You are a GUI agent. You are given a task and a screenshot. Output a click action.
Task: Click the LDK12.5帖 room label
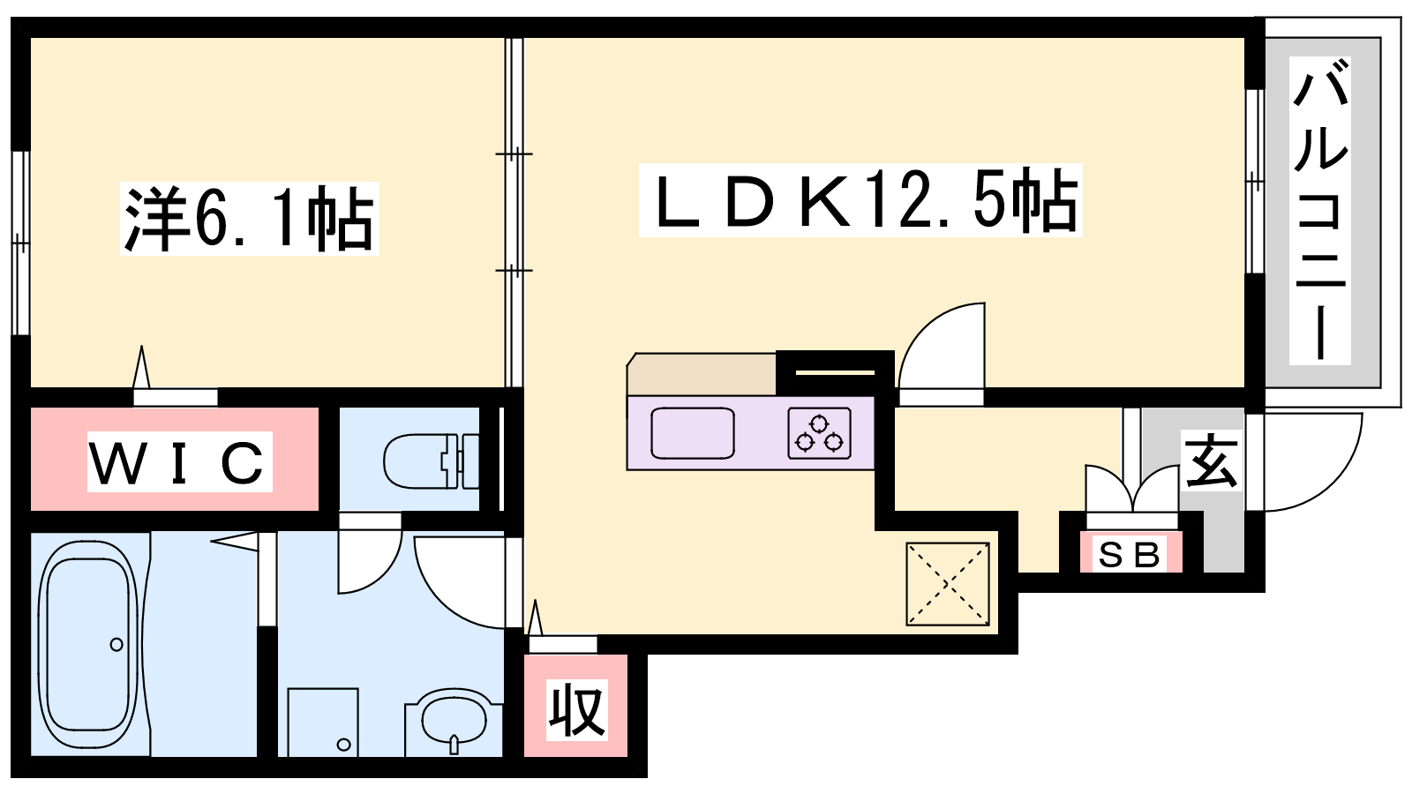tap(860, 200)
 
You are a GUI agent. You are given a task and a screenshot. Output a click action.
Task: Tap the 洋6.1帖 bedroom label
tap(250, 219)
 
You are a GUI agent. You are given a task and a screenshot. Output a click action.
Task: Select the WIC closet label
tap(180, 462)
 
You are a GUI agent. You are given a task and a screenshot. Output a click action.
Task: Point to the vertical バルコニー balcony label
tap(1320, 211)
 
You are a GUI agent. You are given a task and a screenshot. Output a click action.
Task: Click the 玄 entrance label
tap(1211, 461)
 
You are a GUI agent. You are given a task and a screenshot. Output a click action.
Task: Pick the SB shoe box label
tap(1130, 555)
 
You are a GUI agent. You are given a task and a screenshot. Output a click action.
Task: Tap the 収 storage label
tap(577, 709)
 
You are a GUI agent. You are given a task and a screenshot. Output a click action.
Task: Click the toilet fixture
tap(432, 461)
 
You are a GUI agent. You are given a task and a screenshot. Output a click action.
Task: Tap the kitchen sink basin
tap(692, 433)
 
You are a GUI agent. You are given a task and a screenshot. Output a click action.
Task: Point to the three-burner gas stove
tap(819, 433)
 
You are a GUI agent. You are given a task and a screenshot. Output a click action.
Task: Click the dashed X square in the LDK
tap(948, 584)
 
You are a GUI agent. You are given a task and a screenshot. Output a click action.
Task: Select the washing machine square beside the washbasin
tap(323, 723)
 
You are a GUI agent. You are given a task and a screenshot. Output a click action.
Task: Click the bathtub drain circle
tap(116, 645)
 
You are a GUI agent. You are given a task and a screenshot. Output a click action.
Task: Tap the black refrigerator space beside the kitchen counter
tap(835, 373)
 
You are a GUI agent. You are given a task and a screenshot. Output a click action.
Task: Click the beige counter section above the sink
tap(702, 374)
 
